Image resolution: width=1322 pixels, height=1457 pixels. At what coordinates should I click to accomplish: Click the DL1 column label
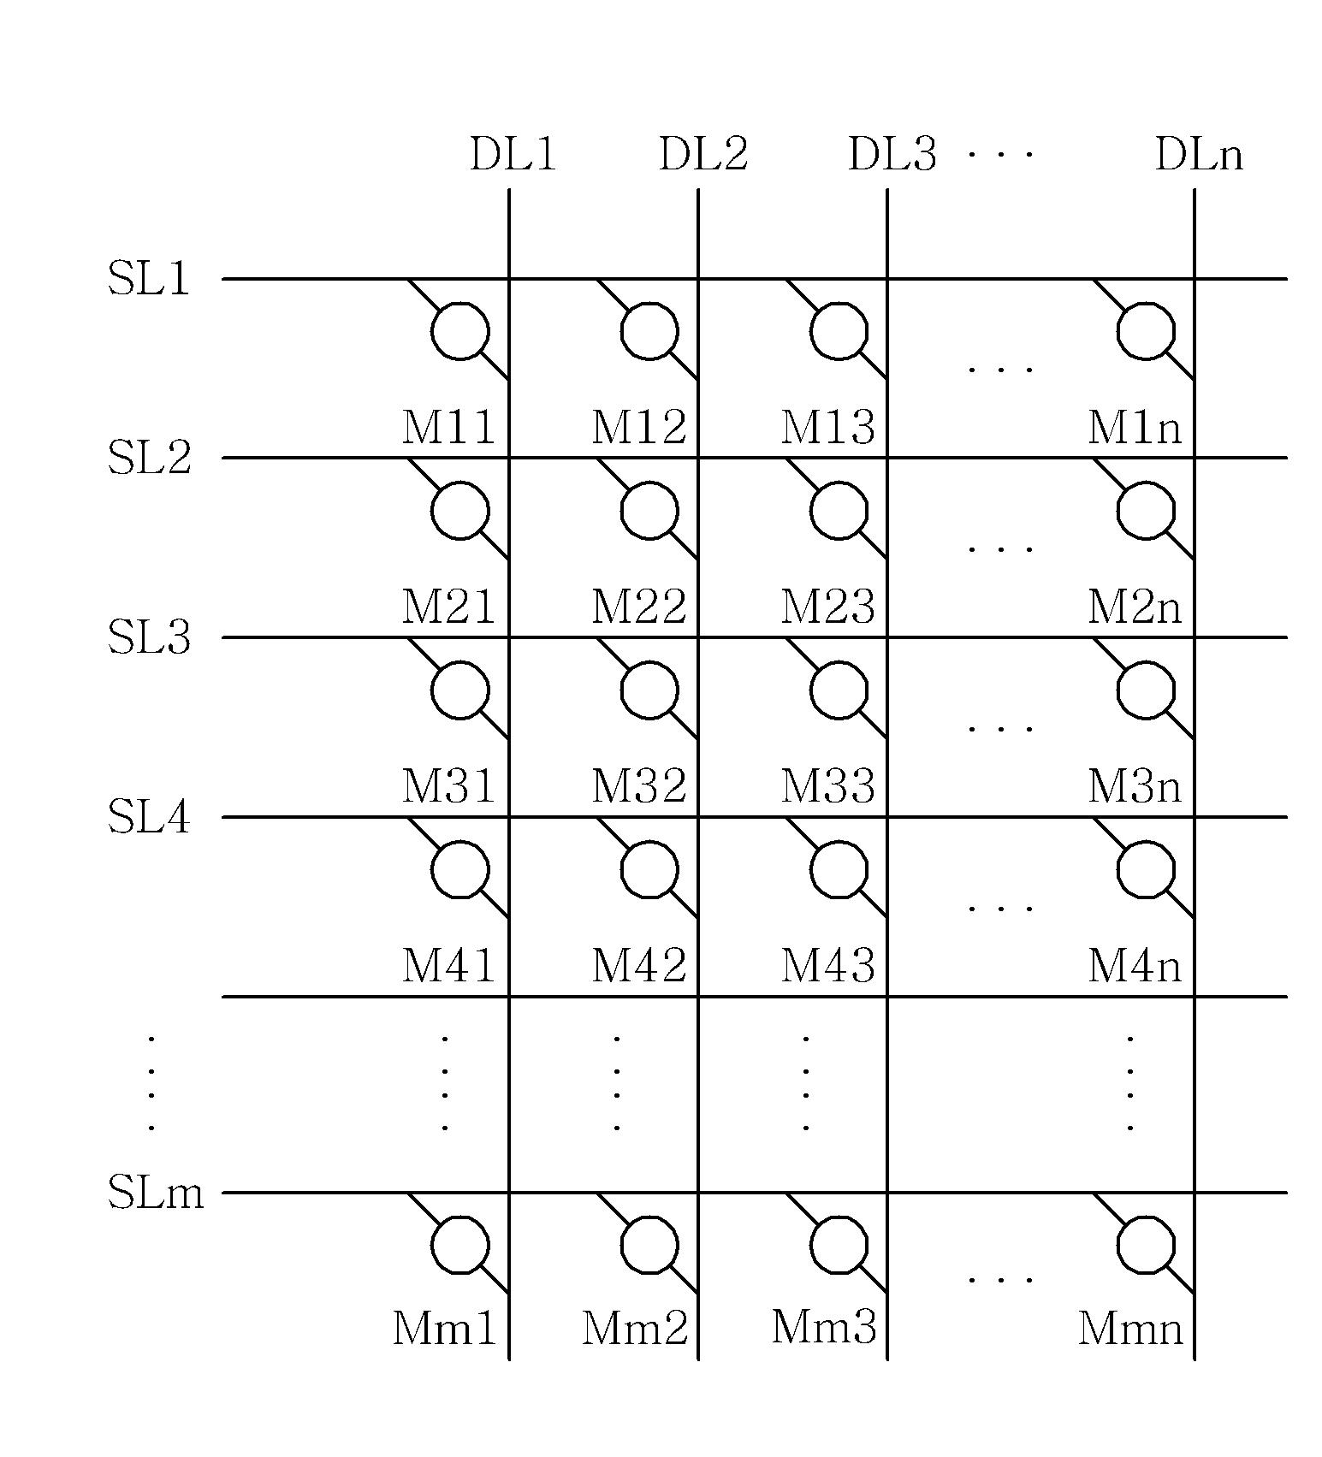pyautogui.click(x=513, y=155)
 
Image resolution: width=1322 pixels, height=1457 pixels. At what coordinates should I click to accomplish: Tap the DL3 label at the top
pyautogui.click(x=892, y=155)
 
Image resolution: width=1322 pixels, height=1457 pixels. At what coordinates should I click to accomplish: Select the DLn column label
pyautogui.click(x=1199, y=155)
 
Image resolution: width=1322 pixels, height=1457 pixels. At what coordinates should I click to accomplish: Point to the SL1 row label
pyautogui.click(x=149, y=279)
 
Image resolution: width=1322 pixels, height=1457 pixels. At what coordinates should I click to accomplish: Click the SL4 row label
pyautogui.click(x=149, y=817)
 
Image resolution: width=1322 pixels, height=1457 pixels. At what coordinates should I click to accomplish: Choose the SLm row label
pyautogui.click(x=156, y=1192)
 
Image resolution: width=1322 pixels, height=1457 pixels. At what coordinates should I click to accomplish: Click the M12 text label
pyautogui.click(x=638, y=427)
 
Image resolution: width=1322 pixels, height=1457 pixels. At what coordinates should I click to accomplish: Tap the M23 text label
pyautogui.click(x=827, y=607)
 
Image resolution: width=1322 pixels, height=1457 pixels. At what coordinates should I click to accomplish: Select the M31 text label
pyautogui.click(x=448, y=786)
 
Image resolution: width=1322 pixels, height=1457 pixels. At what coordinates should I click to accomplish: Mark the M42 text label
pyautogui.click(x=638, y=966)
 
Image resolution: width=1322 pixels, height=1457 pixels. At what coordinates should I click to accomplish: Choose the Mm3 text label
pyautogui.click(x=824, y=1328)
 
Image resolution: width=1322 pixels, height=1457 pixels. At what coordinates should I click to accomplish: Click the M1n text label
pyautogui.click(x=1135, y=427)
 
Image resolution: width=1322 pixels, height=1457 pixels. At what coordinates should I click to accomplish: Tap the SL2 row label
pyautogui.click(x=149, y=458)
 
